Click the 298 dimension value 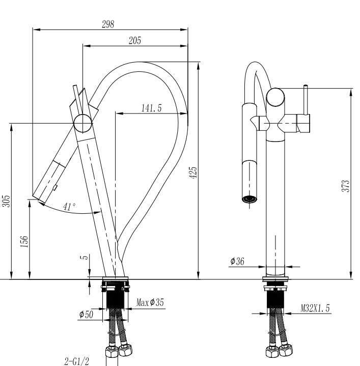(108, 24)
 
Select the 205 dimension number (135, 41)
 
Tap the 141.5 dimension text (151, 108)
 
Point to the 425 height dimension (193, 173)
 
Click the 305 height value (6, 201)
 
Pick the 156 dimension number (24, 241)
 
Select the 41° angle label (69, 207)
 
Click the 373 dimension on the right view (346, 186)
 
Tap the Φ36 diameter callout (237, 261)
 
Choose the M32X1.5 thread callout (315, 308)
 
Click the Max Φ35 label (150, 302)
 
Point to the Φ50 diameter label (86, 314)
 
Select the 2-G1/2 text (77, 361)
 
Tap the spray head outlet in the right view (250, 199)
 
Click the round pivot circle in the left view (82, 124)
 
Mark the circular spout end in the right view (275, 97)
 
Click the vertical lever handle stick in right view (306, 100)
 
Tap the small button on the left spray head (55, 187)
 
